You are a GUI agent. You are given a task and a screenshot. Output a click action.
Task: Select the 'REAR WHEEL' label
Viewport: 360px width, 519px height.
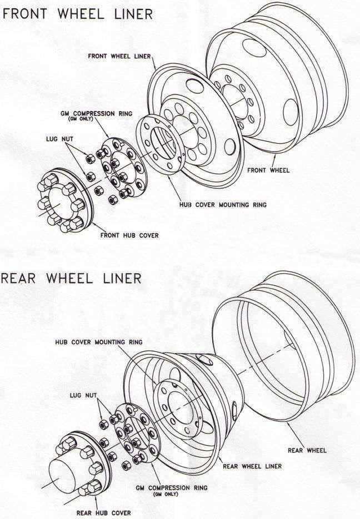coord(307,450)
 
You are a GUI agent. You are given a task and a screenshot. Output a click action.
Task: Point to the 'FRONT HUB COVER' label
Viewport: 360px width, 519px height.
coord(129,235)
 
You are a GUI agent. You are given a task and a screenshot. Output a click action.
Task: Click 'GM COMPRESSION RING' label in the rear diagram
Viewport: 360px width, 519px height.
coord(171,488)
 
